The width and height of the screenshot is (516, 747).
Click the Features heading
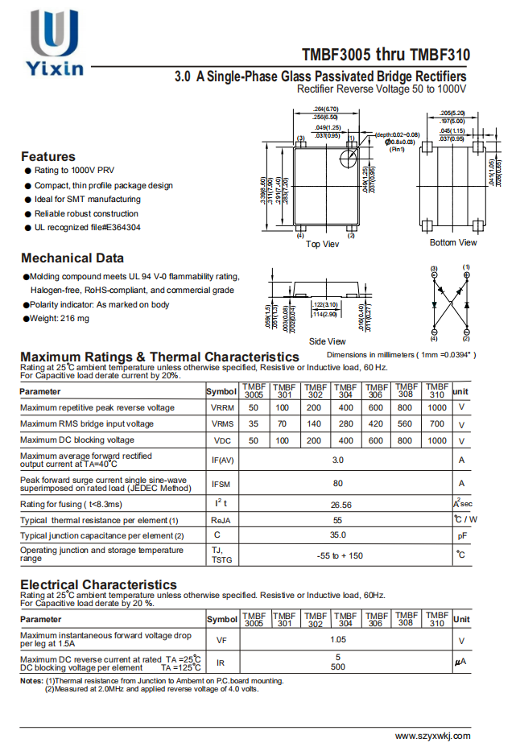pos(48,156)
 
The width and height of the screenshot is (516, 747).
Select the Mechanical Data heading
pos(72,258)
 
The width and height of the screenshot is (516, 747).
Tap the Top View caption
pos(323,244)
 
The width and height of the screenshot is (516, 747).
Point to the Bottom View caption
pos(453,242)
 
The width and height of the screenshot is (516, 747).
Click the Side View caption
pos(327,341)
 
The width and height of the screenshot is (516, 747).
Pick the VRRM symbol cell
pos(222,407)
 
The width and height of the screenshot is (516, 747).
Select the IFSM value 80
pos(338,483)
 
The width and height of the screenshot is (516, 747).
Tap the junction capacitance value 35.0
pos(338,534)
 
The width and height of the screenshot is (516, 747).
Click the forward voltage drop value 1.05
pos(338,640)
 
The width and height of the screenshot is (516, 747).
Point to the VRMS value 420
pos(375,423)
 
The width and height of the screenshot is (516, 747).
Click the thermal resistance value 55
pos(338,520)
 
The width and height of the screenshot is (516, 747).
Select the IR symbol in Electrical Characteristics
pos(221,662)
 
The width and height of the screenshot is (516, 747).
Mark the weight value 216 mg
pos(72,319)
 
